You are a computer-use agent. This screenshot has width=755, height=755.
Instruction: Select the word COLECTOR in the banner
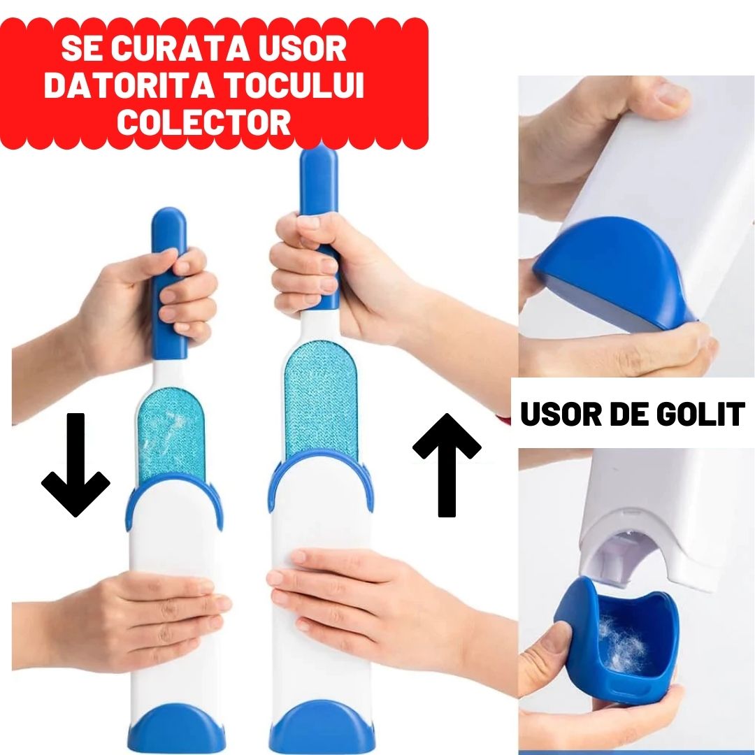203,122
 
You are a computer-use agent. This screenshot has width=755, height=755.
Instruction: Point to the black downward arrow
75,465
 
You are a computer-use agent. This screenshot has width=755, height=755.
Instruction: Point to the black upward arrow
447,465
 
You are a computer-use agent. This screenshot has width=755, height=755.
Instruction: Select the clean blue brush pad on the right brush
321,398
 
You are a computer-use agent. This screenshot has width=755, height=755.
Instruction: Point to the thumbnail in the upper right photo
671,94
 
